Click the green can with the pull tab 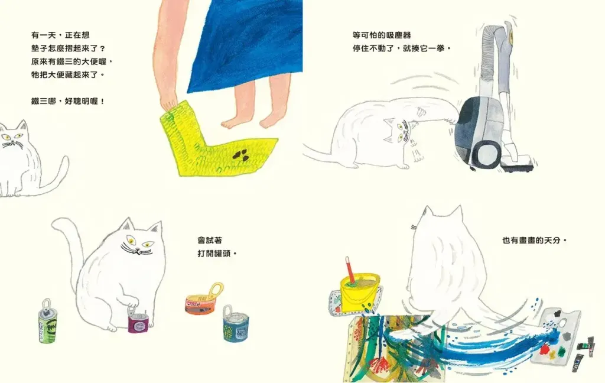(x=47, y=322)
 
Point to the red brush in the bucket (x=350, y=270)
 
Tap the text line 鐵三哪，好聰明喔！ (x=68, y=102)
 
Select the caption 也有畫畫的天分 (x=534, y=240)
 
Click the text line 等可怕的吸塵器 (x=382, y=35)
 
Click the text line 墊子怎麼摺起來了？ (x=68, y=48)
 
